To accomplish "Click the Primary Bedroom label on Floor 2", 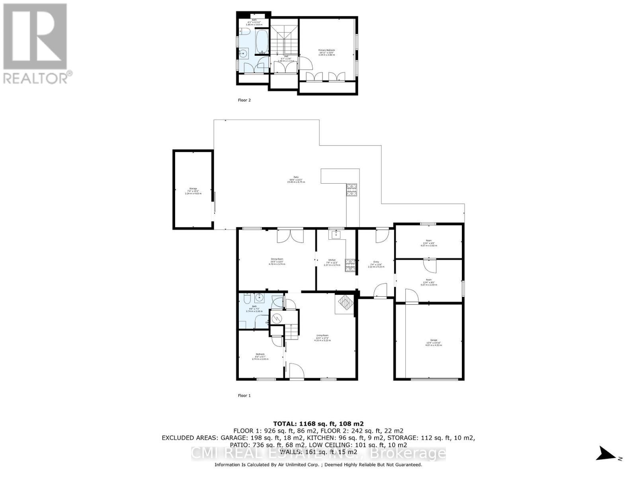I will tap(326, 52).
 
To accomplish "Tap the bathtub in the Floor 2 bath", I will tap(262, 42).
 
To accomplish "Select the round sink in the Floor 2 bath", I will tap(244, 53).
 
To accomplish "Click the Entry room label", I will tap(376, 264).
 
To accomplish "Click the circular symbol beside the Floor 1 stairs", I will tap(277, 318).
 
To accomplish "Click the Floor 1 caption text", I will tap(244, 396).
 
